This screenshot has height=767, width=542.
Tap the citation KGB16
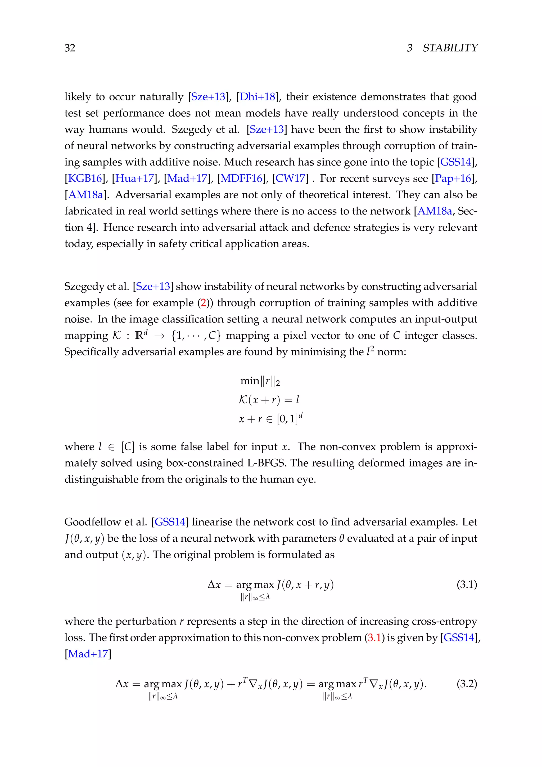(85, 179)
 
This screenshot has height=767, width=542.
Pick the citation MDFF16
(241, 179)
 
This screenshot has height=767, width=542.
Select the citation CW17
(290, 179)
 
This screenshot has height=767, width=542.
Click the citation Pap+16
(453, 179)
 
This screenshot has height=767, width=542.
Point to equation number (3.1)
(467, 585)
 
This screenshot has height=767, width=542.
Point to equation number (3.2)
(467, 684)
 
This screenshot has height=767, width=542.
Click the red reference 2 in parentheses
(203, 303)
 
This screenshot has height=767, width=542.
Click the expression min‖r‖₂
(260, 381)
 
